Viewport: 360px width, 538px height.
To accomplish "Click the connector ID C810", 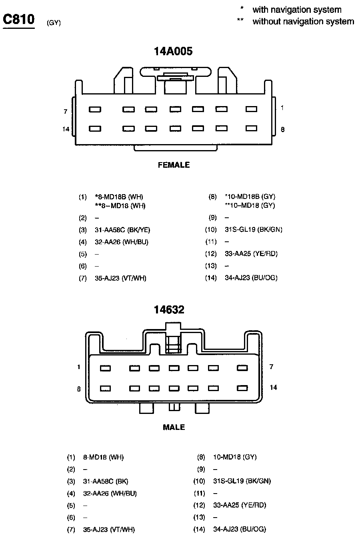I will pos(19,20).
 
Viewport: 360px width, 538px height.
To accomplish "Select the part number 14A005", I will pos(173,51).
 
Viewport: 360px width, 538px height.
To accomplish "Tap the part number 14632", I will pos(169,309).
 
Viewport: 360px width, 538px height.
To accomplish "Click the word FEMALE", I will pos(174,165).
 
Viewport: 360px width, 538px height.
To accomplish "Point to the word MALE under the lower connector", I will pos(174,428).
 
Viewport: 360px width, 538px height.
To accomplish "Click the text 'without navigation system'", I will pos(303,22).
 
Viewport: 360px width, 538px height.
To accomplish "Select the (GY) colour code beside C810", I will pos(54,23).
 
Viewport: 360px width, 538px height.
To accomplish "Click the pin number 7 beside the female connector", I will pos(66,112).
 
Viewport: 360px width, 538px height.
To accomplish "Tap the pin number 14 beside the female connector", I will pos(66,129).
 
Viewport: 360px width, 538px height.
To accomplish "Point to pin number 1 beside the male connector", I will pos(79,367).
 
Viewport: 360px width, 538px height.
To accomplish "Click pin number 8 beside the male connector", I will pos(79,389).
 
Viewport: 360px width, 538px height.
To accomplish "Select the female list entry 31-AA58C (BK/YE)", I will pos(122,230).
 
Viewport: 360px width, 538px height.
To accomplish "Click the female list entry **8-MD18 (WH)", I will pos(120,206).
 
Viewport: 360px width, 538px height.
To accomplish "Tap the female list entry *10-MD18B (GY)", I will pos(250,197).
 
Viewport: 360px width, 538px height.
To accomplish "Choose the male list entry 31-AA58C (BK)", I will pos(106,481).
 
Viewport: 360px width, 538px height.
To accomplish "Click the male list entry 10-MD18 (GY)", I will pos(235,457).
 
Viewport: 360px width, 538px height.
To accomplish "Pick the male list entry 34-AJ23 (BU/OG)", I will pos(240,529).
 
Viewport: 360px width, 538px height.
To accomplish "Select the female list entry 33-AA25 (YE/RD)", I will pos(251,254).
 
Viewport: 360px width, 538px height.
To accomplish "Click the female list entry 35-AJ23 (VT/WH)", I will pos(120,278).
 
